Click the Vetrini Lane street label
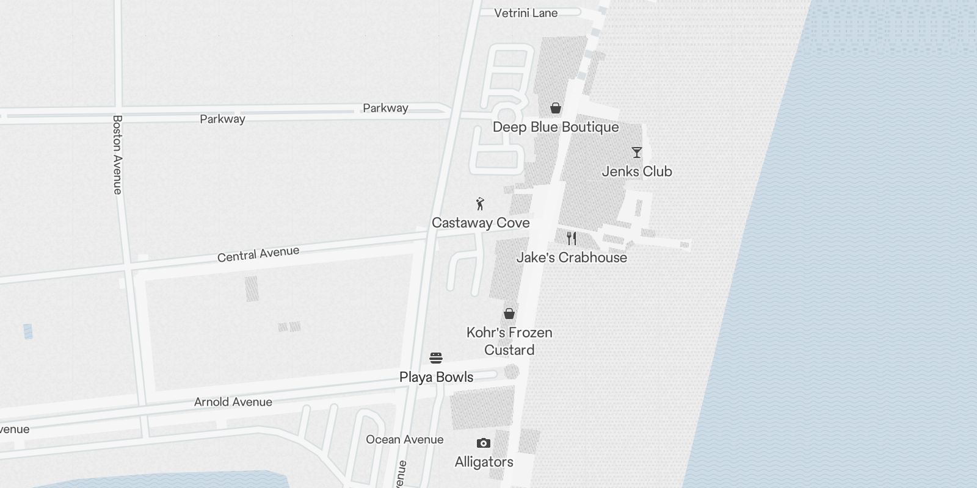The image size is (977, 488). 525,13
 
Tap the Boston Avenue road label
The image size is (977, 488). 118,154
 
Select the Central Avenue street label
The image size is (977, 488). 258,254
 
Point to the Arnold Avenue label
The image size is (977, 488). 233,402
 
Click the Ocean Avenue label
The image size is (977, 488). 404,440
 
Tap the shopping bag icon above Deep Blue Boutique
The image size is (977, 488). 556,109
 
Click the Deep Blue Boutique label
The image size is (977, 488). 556,127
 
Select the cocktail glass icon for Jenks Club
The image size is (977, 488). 637,152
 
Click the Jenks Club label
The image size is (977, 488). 637,172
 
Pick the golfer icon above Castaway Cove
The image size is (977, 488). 481,204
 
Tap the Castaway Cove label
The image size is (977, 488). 481,223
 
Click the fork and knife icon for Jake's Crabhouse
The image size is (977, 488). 572,239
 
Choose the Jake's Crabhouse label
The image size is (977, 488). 572,258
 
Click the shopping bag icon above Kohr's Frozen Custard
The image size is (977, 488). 509,314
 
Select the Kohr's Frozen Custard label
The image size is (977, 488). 509,342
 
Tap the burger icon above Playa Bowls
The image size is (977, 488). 436,358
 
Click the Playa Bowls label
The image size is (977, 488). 436,378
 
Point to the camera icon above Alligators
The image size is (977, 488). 484,443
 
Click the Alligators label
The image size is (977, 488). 484,462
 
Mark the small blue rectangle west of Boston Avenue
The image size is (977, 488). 28,331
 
